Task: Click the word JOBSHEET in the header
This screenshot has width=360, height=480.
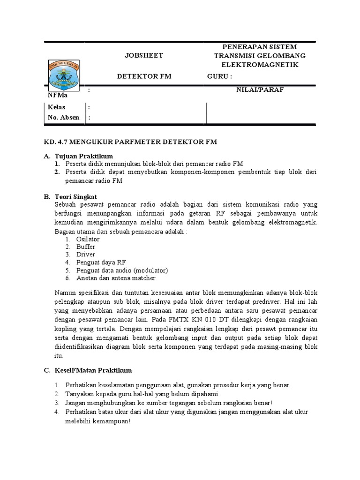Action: (143, 56)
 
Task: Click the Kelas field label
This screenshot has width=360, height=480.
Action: (57, 107)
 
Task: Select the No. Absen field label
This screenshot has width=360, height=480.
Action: (64, 118)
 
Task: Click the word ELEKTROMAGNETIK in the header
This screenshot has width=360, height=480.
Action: (260, 65)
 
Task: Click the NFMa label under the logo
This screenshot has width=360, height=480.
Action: (57, 95)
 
